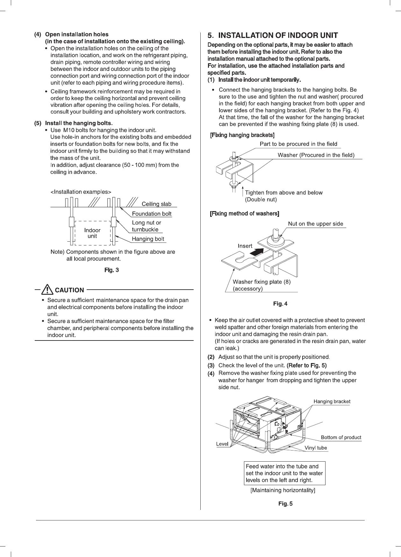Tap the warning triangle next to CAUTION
pyautogui.click(x=48, y=290)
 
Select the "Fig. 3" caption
pyautogui.click(x=111, y=270)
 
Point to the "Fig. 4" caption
pyautogui.click(x=280, y=304)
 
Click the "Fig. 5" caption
pyautogui.click(x=285, y=504)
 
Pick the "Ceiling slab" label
pyautogui.click(x=156, y=204)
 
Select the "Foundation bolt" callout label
pyautogui.click(x=152, y=214)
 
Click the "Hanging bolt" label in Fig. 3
pyautogui.click(x=148, y=239)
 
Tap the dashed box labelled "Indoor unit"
pyautogui.click(x=92, y=233)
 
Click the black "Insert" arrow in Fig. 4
pyautogui.click(x=257, y=251)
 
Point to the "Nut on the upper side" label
pyautogui.click(x=315, y=224)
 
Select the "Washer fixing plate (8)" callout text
pyautogui.click(x=261, y=282)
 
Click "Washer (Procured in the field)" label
pyautogui.click(x=316, y=155)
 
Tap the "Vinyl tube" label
pyautogui.click(x=316, y=448)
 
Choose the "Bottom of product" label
pyautogui.click(x=341, y=437)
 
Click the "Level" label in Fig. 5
pyautogui.click(x=222, y=444)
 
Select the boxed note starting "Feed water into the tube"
pyautogui.click(x=284, y=473)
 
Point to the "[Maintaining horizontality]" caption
pyautogui.click(x=283, y=490)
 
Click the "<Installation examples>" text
pyautogui.click(x=81, y=192)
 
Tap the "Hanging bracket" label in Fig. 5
pyautogui.click(x=332, y=402)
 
